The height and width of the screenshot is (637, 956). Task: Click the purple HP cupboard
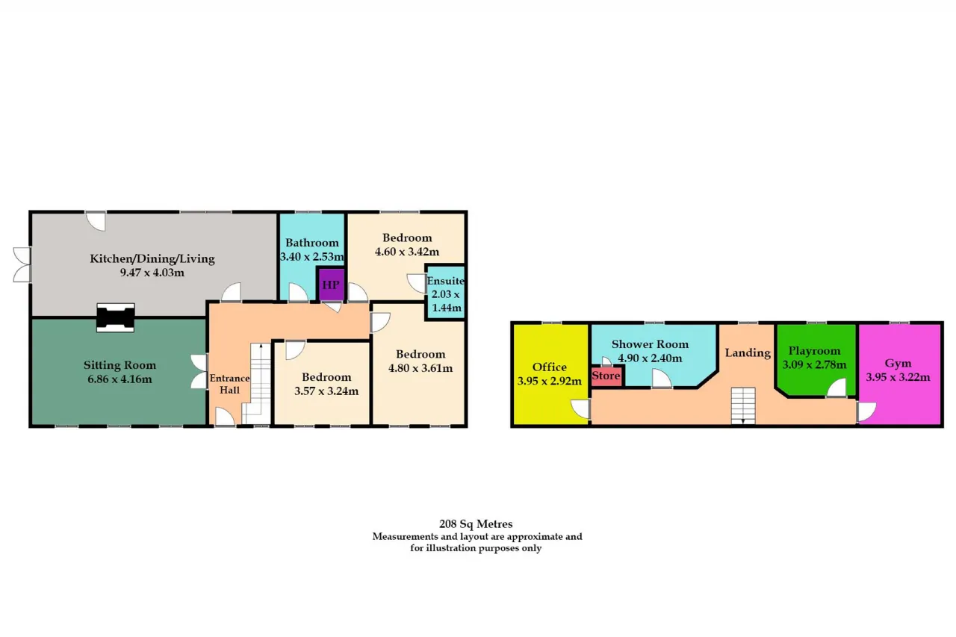point(332,285)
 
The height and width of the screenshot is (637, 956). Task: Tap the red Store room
point(606,376)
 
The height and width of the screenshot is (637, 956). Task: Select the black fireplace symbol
point(116,317)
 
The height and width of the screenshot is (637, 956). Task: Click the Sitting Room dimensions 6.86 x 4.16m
point(120,379)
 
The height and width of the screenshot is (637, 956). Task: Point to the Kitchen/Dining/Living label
point(152,258)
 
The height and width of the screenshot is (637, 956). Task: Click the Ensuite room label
point(446,281)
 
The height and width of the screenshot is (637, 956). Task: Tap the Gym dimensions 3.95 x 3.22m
point(898,377)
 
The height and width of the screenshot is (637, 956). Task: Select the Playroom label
point(814,351)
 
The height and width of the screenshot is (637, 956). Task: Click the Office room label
point(550,367)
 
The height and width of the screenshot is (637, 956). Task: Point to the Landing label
point(748,352)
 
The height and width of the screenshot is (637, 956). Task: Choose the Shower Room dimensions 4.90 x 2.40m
point(650,358)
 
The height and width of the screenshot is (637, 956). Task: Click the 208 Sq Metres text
point(476,524)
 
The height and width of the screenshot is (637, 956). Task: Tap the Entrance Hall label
point(229,384)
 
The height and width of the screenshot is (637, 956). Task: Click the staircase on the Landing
point(743,405)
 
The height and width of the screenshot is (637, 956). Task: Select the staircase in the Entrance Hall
point(258,384)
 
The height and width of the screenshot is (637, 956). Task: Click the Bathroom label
point(312,243)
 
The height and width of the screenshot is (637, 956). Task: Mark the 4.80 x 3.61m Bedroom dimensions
point(420,368)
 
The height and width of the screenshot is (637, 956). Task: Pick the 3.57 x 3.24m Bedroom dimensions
point(326,391)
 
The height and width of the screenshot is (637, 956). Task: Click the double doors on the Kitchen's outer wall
point(22,264)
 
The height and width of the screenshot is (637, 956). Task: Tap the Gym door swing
point(866,411)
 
